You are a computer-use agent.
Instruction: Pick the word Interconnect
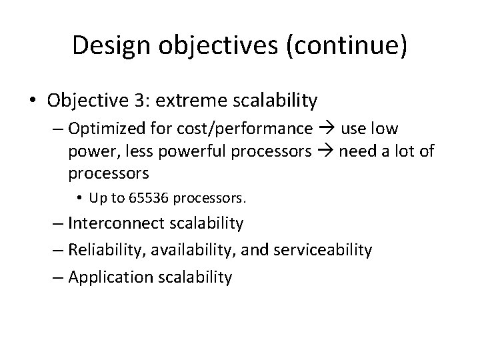[110, 223]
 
